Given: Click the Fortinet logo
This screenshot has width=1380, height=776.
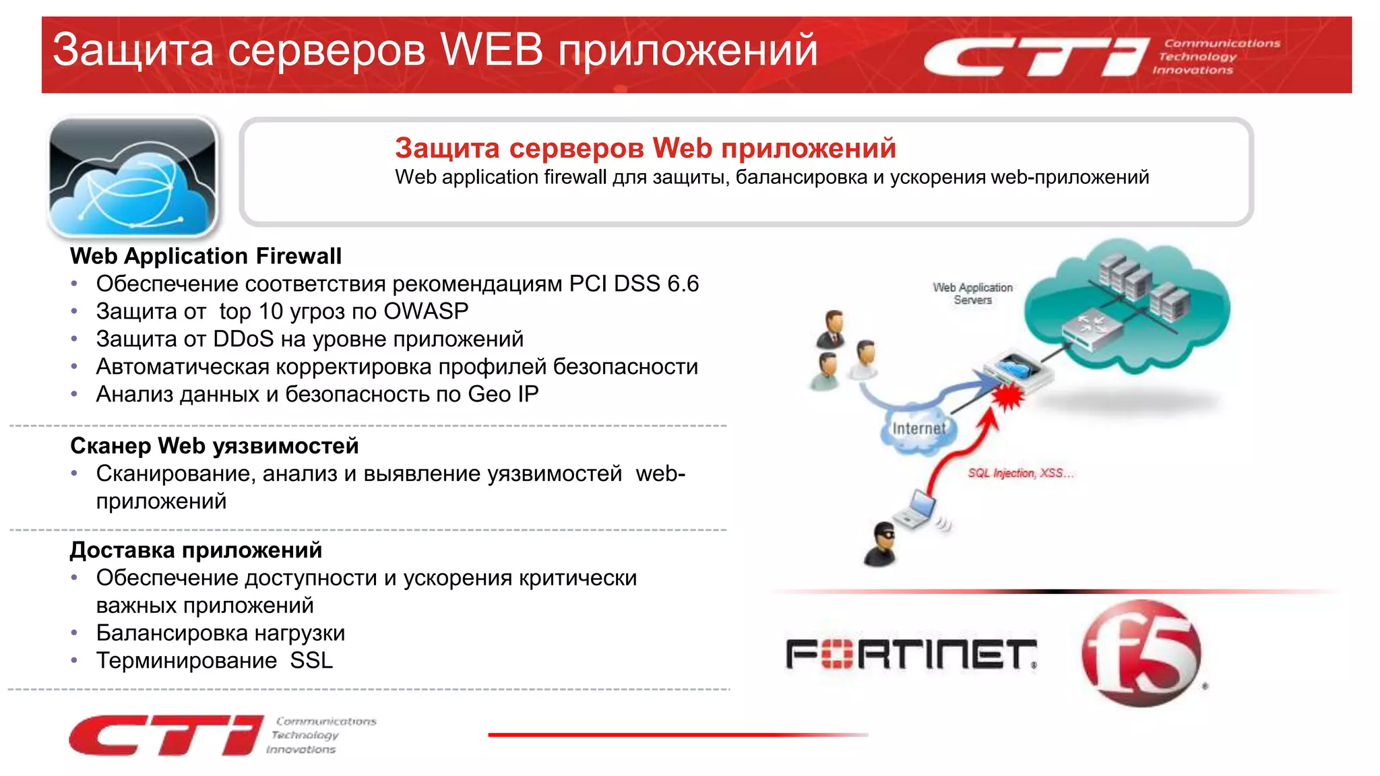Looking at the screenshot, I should click(x=910, y=654).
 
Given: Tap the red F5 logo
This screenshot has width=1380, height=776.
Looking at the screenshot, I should click(x=1141, y=652).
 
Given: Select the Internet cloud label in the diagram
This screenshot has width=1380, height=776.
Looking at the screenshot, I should click(x=918, y=428).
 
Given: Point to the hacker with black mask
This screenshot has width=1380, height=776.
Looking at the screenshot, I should click(x=880, y=544).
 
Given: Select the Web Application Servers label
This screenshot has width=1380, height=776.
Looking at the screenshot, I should click(x=972, y=294).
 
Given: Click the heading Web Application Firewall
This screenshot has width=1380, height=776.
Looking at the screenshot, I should click(x=206, y=256).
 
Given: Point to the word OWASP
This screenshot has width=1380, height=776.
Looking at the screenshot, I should click(x=426, y=311).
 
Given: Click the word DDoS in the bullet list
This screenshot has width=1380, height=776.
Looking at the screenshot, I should click(x=243, y=339).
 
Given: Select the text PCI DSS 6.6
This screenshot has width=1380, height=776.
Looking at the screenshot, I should click(x=633, y=284).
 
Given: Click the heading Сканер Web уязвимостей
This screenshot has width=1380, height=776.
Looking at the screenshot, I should click(x=214, y=446).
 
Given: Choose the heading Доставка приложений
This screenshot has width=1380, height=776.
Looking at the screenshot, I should click(x=196, y=550).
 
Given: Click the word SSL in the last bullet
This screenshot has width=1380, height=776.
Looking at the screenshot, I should click(x=311, y=661).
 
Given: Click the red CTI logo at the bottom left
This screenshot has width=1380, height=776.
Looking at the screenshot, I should click(x=166, y=735).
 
